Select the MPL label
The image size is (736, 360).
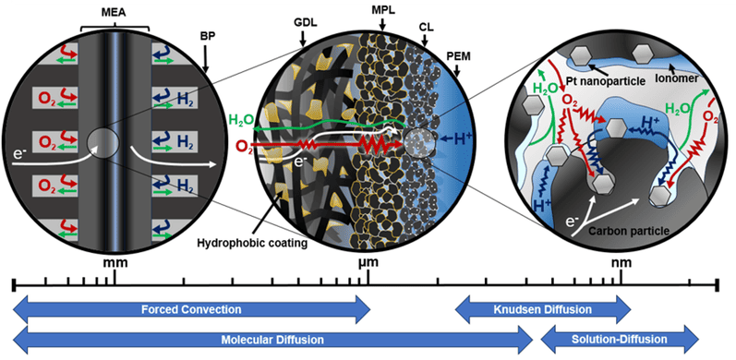[x=383, y=10]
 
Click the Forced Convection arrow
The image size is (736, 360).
[x=191, y=309]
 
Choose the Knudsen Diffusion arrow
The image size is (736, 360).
[x=543, y=309]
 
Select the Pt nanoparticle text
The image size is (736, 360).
[x=609, y=80]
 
